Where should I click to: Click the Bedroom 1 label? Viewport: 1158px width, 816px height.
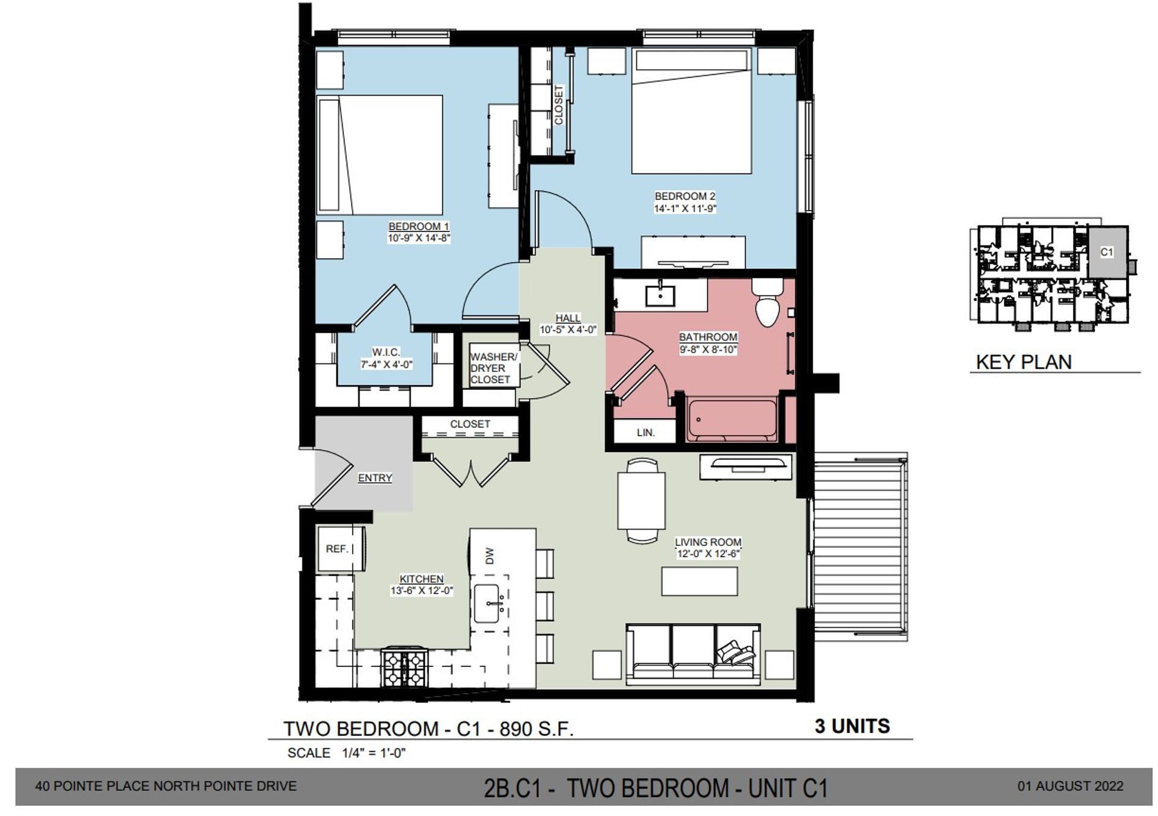tap(419, 226)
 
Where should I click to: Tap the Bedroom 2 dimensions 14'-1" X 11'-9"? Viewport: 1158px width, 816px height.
tap(685, 209)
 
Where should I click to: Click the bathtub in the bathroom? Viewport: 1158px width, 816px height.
tap(732, 419)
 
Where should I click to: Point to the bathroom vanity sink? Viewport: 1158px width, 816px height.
tap(660, 295)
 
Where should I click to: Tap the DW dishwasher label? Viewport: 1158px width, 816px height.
tap(489, 555)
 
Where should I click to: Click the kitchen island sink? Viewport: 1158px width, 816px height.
tap(489, 603)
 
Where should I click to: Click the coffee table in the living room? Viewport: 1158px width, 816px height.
tap(700, 581)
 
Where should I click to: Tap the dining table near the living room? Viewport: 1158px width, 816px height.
tap(641, 501)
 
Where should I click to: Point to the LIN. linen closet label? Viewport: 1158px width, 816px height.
tap(645, 432)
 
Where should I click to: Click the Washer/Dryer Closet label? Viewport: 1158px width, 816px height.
tap(493, 368)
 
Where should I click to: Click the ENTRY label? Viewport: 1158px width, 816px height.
tap(375, 477)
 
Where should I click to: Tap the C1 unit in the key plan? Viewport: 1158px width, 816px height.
tap(1107, 252)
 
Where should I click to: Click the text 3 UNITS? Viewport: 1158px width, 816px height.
tap(852, 726)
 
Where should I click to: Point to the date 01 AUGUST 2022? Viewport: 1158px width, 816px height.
tap(1070, 786)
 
